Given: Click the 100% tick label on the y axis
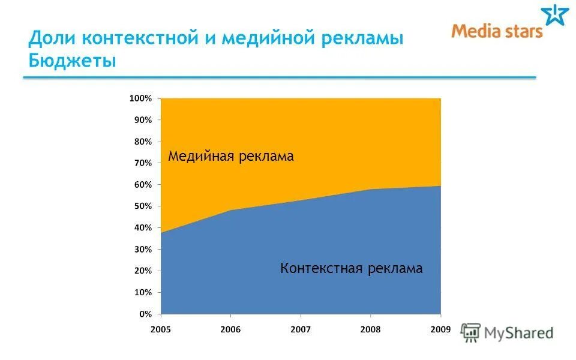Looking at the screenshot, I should pos(140,98).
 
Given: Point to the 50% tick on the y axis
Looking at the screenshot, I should pos(143,206).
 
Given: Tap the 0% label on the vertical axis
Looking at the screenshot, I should pos(145,314).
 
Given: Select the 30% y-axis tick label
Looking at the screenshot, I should pos(143,250).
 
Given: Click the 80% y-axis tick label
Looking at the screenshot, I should pos(143,142).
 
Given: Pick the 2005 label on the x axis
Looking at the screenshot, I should pos(161,329).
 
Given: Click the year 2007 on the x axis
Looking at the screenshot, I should pos(301,329).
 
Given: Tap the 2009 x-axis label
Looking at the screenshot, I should pos(440,329).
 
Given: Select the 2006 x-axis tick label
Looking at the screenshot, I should pos(231,329).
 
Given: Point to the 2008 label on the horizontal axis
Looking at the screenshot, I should pos(371,329).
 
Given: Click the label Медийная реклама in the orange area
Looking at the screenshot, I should pos(230,157).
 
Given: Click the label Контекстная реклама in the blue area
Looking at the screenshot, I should pos(351,268).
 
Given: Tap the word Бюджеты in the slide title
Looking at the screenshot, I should pos(72,61).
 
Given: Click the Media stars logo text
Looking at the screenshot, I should pos(497,31).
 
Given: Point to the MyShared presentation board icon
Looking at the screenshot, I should pos(470,332).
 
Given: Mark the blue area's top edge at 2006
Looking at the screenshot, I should pos(231,210).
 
